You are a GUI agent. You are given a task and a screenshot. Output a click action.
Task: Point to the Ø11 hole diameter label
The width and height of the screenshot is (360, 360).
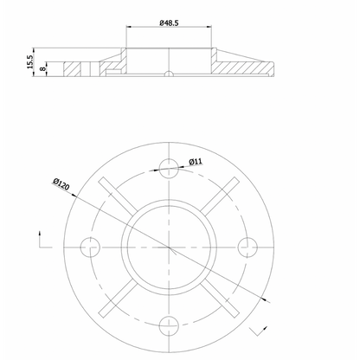point(196,162)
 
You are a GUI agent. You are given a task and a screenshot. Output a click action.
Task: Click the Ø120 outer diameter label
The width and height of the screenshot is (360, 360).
point(61,185)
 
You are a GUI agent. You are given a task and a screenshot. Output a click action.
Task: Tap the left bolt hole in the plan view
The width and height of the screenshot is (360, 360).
point(90,247)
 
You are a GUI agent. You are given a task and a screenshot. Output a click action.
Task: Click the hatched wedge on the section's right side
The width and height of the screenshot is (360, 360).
point(247,62)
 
